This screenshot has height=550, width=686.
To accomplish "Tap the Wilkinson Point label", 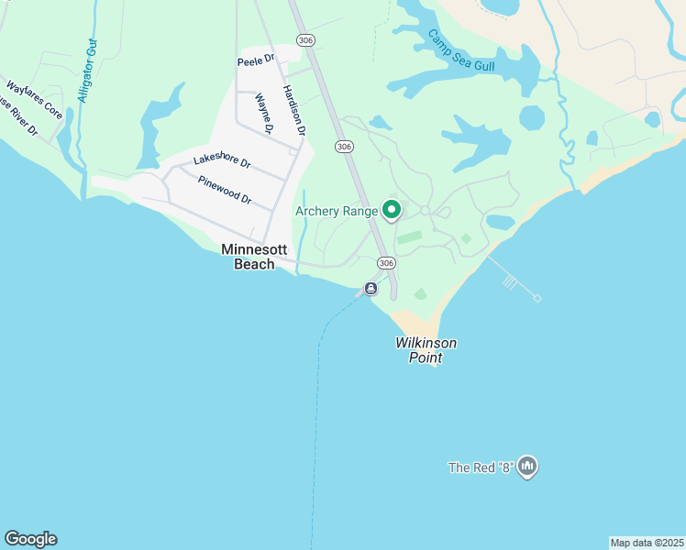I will [426, 350].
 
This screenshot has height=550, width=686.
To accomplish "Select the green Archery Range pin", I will [392, 210].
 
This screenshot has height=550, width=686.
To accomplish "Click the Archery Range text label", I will [337, 212].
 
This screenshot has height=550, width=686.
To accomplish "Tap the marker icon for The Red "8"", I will [527, 467].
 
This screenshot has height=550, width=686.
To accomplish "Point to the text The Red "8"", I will [480, 467].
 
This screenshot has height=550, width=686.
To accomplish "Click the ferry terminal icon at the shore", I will [371, 289].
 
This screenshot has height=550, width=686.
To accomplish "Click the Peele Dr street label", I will [256, 60].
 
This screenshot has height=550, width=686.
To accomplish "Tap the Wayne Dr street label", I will [264, 114].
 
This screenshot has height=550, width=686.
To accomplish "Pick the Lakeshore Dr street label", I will [222, 161].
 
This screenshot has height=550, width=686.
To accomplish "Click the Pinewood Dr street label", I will [225, 189].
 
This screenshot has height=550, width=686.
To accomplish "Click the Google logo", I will [30, 539].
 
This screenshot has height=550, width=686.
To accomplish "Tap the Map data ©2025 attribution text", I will [647, 543].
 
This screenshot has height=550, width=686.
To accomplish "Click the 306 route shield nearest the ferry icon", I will [386, 263].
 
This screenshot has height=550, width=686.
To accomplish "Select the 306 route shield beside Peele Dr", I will [304, 39].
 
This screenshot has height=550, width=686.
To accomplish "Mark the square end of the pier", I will [537, 298].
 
